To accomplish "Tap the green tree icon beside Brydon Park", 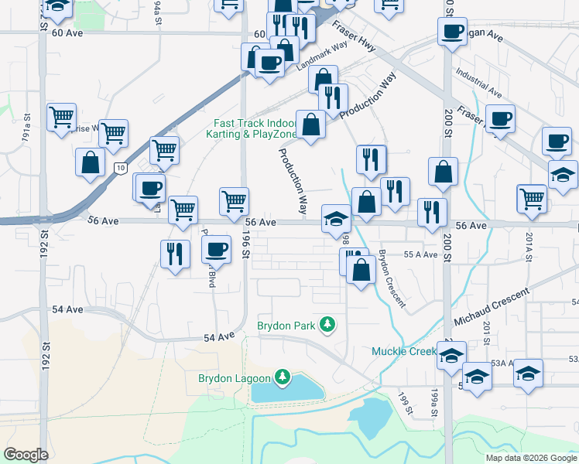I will [328, 324].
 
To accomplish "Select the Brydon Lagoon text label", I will [234, 378].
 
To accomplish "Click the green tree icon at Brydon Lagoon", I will [283, 377].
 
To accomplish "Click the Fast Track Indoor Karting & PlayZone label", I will [255, 128].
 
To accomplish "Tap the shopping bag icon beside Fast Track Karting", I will [311, 124].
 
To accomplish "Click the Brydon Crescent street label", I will [392, 278].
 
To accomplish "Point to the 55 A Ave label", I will [421, 254].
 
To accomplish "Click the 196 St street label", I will [247, 243].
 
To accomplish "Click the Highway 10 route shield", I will [118, 167].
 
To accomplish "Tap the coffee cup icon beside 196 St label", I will [216, 249].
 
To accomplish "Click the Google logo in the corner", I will [26, 455].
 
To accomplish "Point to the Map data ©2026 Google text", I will [530, 458].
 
